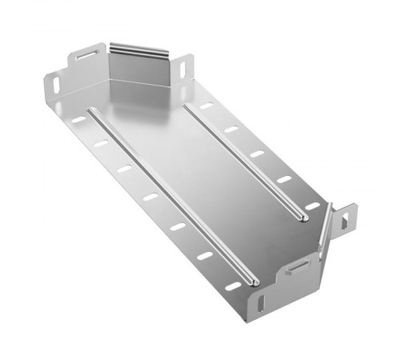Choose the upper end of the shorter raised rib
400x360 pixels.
[x=186, y=104]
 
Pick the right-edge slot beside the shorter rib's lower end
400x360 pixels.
[x=312, y=206]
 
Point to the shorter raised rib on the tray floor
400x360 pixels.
[x=244, y=159]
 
